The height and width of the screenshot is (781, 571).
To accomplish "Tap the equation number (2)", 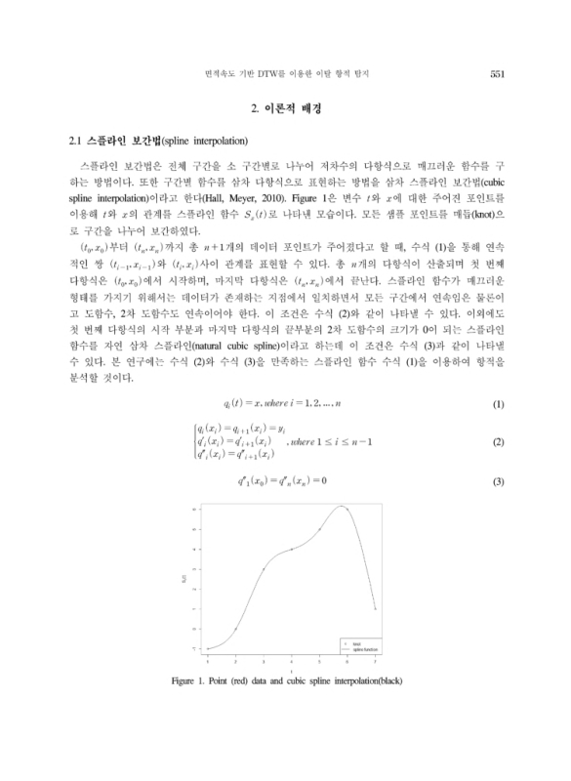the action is coord(497,442).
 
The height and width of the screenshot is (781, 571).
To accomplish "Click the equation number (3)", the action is coord(497,481).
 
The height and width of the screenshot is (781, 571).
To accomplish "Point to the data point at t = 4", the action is coord(292,549).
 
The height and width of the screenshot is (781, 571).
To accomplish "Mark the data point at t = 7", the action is coord(375,608).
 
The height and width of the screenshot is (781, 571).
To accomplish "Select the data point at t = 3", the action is coord(264,568).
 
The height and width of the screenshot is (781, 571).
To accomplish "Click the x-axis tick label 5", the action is coord(319,662).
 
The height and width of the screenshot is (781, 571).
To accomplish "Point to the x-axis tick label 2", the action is coord(235,662).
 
